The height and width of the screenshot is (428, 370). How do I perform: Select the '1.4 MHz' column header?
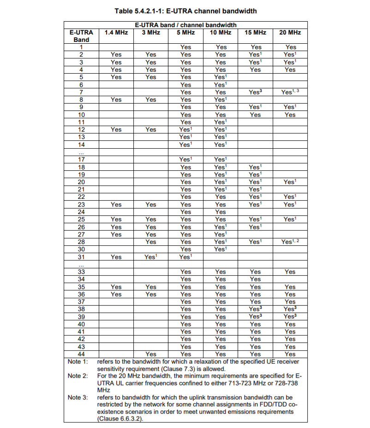point(116,33)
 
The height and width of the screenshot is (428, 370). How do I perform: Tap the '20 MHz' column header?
point(290,33)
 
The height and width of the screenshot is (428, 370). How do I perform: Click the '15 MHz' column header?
point(255,33)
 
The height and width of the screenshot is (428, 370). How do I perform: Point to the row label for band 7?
point(81,92)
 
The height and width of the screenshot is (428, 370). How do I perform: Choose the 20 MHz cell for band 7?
point(290,92)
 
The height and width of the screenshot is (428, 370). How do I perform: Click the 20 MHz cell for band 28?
point(290,242)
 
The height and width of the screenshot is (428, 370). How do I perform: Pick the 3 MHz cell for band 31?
point(151,257)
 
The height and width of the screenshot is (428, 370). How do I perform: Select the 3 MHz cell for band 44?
point(151,354)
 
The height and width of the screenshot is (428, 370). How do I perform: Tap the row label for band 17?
point(81,160)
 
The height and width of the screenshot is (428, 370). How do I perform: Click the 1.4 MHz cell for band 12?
point(116,130)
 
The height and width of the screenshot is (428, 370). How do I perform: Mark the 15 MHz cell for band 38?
point(255,309)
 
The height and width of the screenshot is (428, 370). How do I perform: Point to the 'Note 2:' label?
point(78,376)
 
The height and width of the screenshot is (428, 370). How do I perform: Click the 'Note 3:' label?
point(78,397)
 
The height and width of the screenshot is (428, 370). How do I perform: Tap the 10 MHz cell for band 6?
point(221,85)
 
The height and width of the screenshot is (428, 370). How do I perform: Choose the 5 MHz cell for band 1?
point(185,47)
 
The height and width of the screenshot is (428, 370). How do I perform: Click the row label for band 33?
point(81,272)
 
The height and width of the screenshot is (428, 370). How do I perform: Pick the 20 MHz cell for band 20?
point(290,182)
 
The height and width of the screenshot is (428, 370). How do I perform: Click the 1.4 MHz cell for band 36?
point(116,294)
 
